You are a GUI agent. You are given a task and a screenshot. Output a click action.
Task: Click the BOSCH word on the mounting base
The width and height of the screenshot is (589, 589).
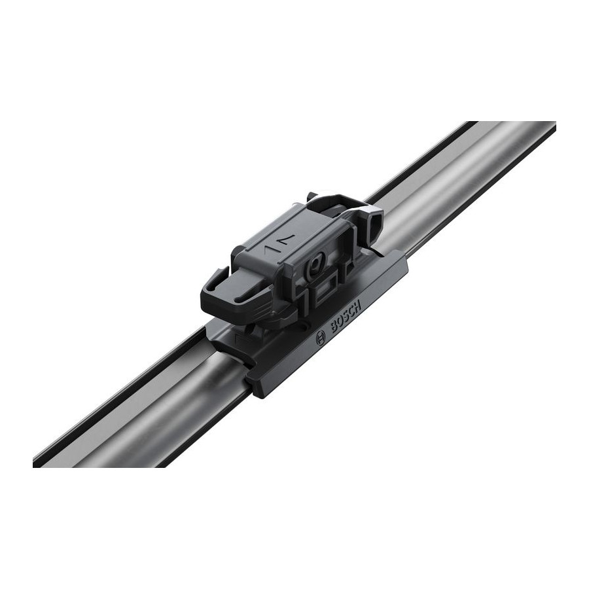(x=346, y=315)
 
